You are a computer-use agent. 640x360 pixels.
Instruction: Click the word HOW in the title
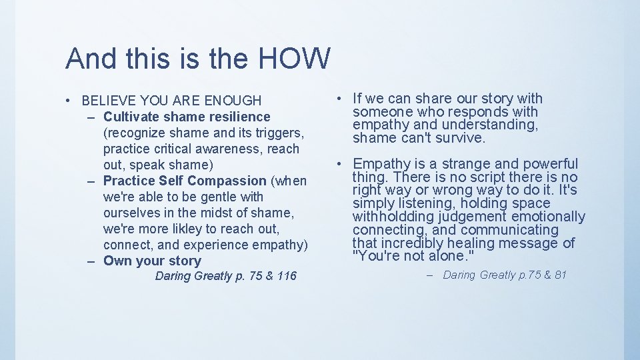coord(294,59)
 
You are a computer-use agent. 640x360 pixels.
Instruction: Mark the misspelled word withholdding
coord(396,217)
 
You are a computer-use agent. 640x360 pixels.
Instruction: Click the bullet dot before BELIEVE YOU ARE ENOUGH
coord(69,101)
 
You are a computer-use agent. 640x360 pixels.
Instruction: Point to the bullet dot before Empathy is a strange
coord(340,164)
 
